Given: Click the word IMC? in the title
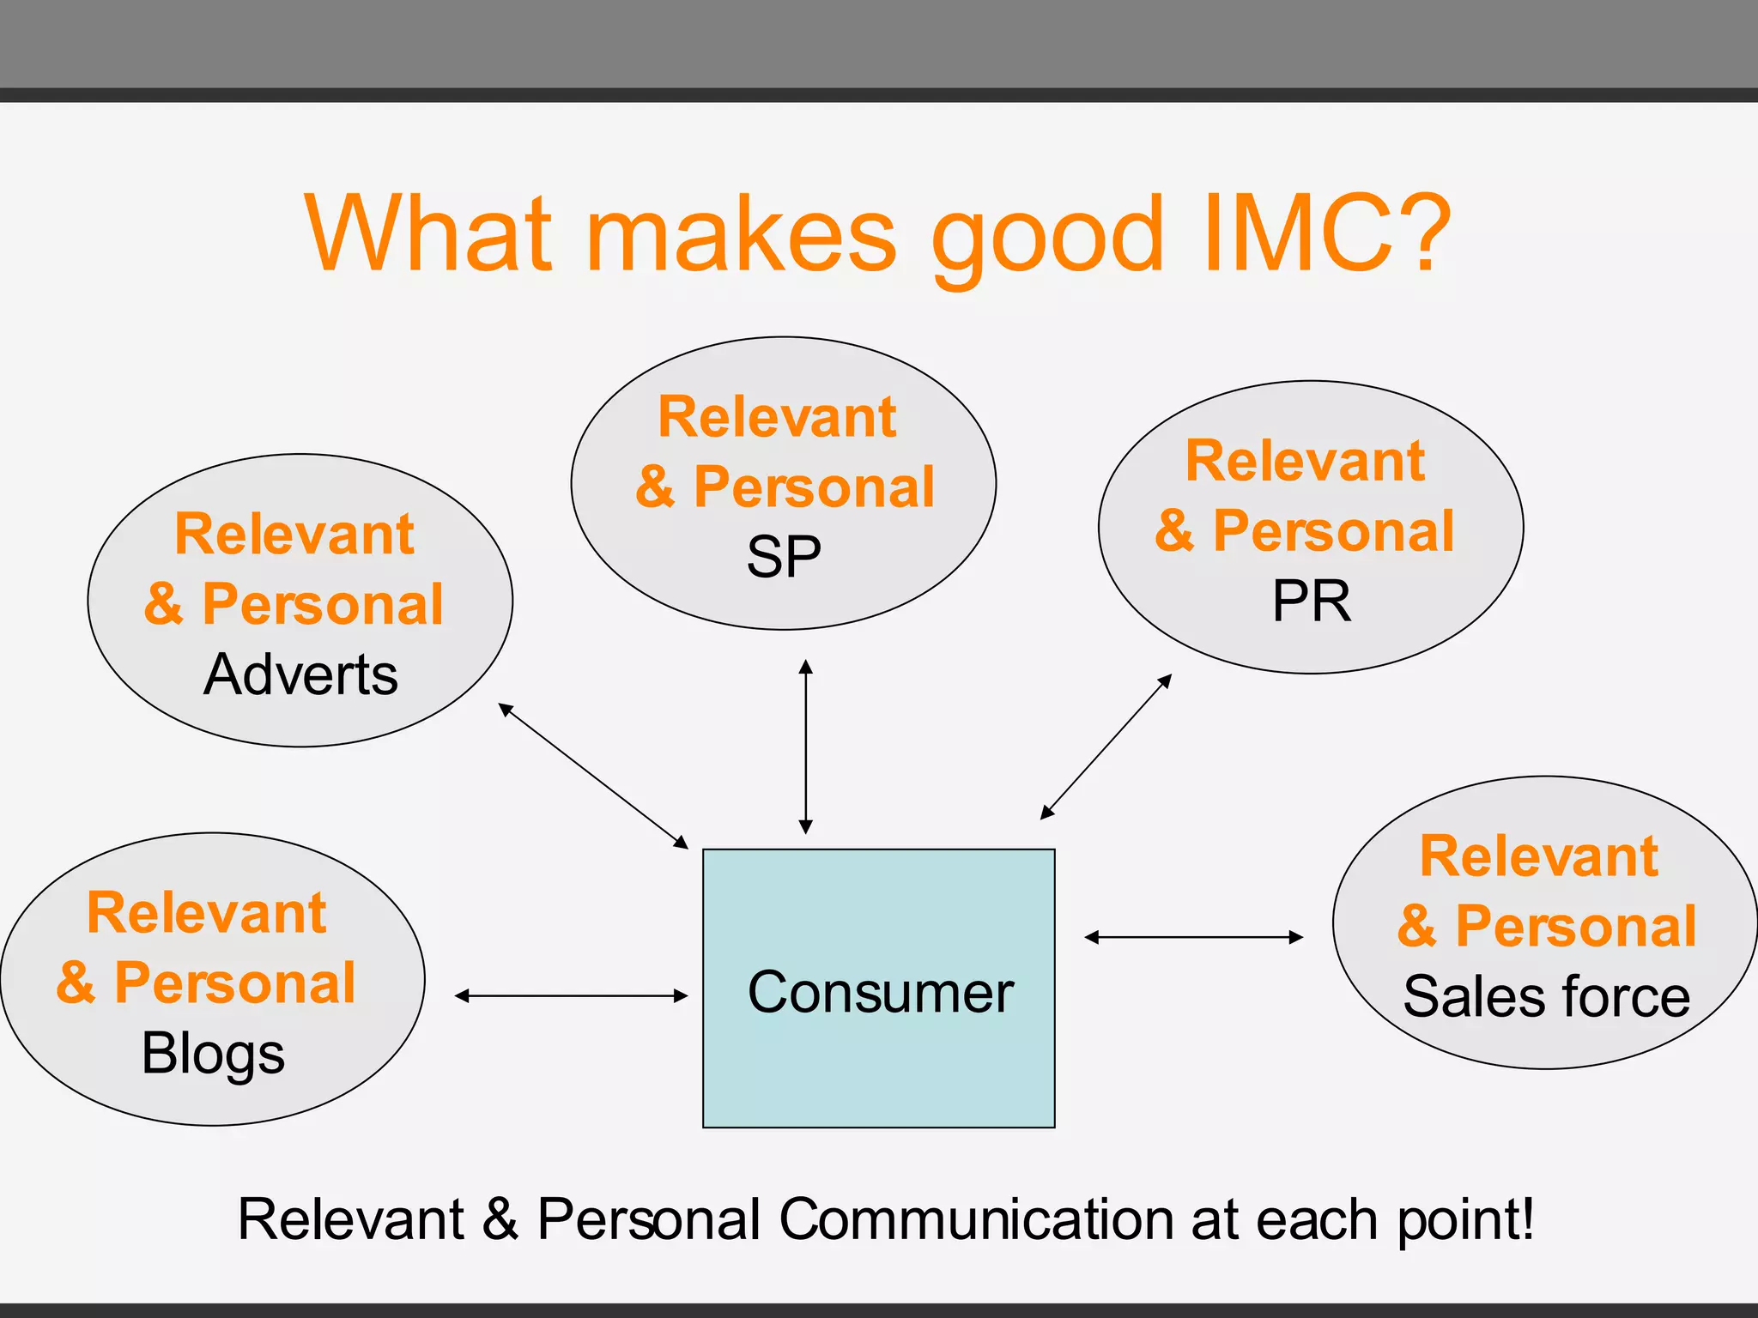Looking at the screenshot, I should pyautogui.click(x=1326, y=233).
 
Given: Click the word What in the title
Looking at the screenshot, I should pyautogui.click(x=428, y=233).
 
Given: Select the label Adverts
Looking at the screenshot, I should pyautogui.click(x=300, y=674).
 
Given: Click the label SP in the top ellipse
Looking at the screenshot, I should pyautogui.click(x=783, y=557).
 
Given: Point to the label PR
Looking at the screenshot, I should pyautogui.click(x=1311, y=601).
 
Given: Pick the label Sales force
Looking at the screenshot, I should pyautogui.click(x=1546, y=996).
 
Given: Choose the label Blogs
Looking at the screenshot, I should pyautogui.click(x=213, y=1054).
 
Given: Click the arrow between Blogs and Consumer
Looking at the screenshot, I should pyautogui.click(x=571, y=996).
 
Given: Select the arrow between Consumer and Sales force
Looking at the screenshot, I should pyautogui.click(x=1193, y=938).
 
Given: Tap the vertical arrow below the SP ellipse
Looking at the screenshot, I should pyautogui.click(x=805, y=747).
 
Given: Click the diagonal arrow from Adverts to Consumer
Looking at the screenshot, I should pyautogui.click(x=593, y=776).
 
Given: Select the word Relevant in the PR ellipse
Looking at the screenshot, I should pyautogui.click(x=1305, y=461).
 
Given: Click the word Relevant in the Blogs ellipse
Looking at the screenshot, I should pyautogui.click(x=206, y=912).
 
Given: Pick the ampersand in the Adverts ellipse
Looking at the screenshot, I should pyautogui.click(x=163, y=604).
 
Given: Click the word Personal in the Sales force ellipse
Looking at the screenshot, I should pyautogui.click(x=1576, y=927).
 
